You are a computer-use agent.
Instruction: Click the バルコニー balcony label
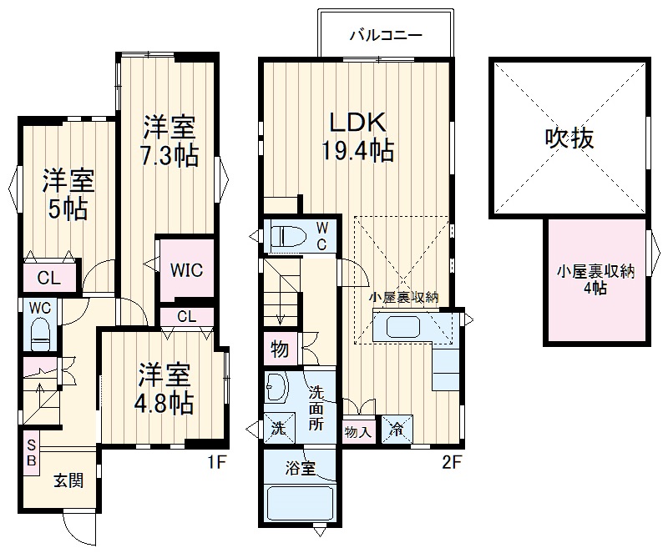[385, 36]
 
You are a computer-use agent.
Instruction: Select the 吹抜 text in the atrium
[569, 138]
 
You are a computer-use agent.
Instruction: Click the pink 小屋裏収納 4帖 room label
[596, 279]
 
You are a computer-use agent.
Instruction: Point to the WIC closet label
[186, 271]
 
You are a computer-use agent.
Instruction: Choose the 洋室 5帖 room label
[68, 194]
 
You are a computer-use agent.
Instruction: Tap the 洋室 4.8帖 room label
[165, 389]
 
